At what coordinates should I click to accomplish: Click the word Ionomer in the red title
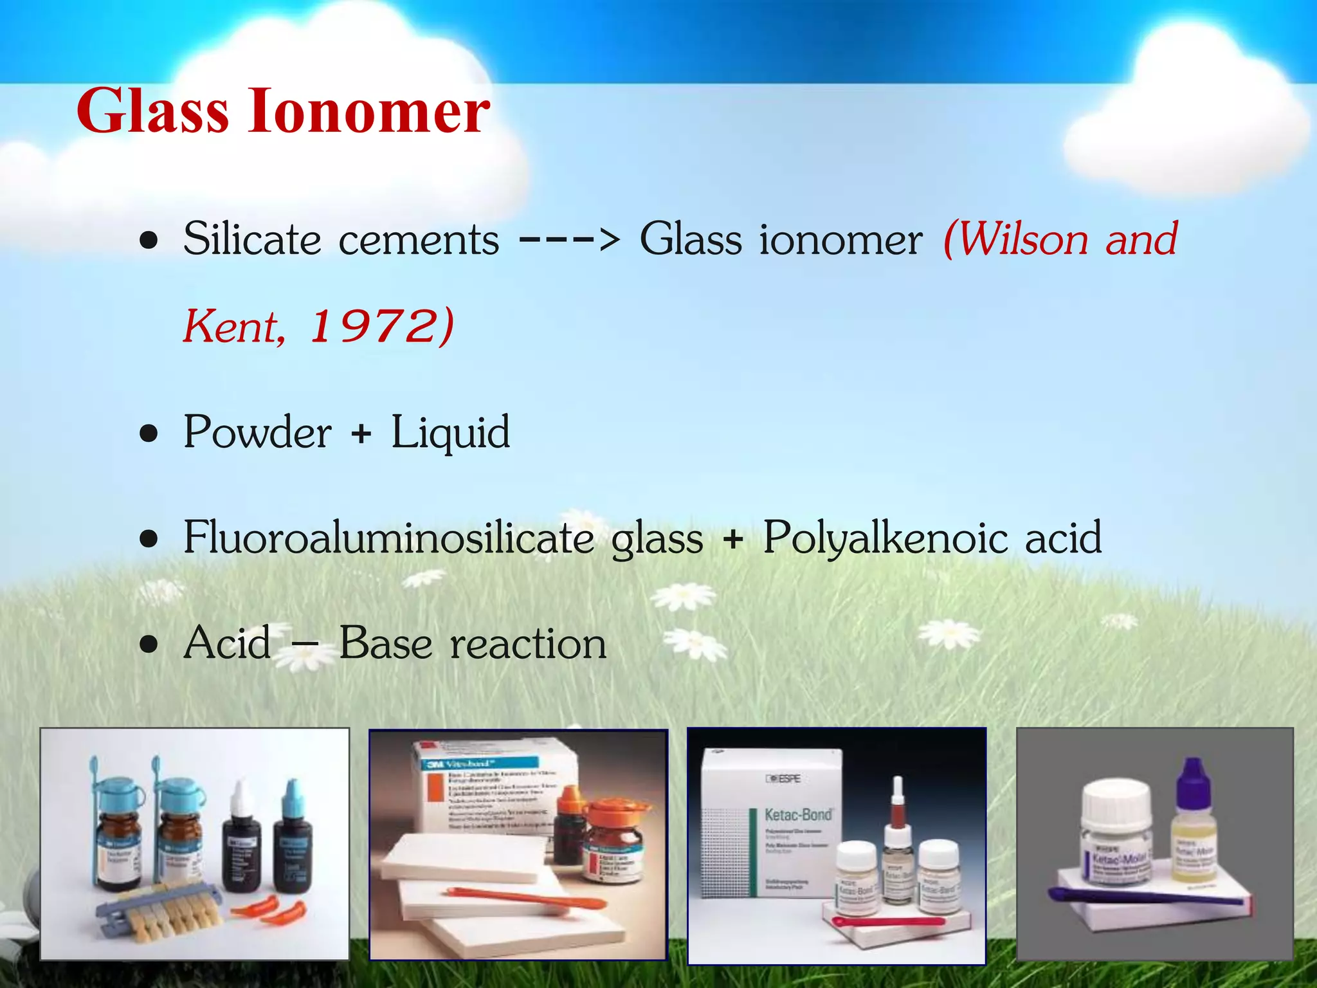pyautogui.click(x=369, y=111)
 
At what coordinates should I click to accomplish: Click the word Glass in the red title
pyautogui.click(x=152, y=111)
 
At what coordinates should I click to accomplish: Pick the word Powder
pyautogui.click(x=257, y=432)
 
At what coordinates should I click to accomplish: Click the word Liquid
pyautogui.click(x=450, y=433)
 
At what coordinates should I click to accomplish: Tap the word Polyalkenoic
pyautogui.click(x=885, y=538)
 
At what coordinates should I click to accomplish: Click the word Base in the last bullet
pyautogui.click(x=385, y=643)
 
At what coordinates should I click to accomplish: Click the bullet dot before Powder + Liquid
pyautogui.click(x=149, y=434)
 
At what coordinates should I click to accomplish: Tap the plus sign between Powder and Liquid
pyautogui.click(x=361, y=433)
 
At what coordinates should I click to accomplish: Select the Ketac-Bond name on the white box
pyautogui.click(x=798, y=815)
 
